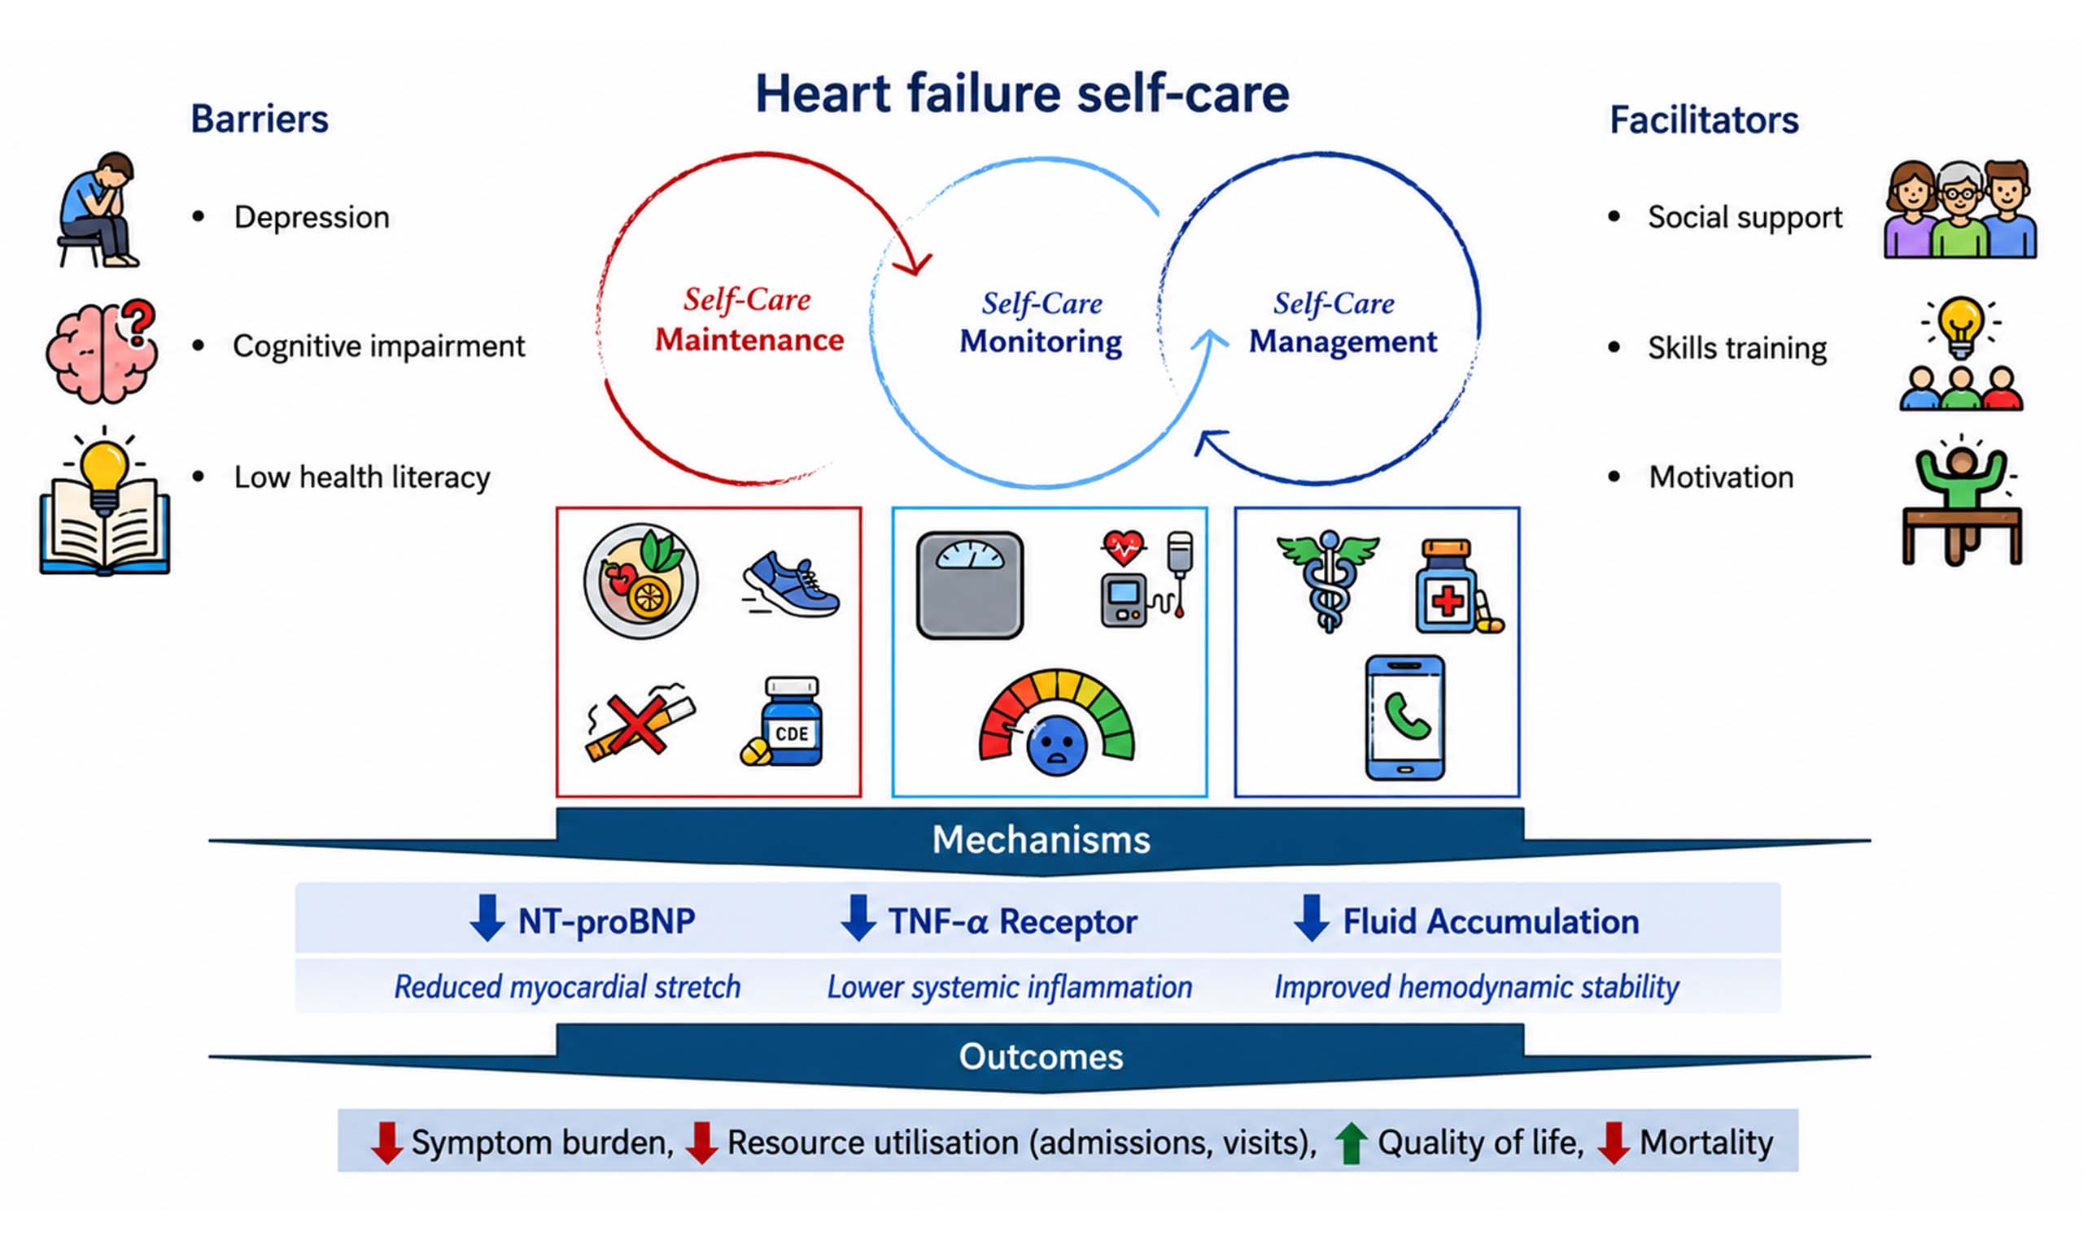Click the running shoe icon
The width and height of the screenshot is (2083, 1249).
click(x=790, y=583)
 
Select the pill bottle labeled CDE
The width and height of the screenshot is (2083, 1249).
click(x=782, y=721)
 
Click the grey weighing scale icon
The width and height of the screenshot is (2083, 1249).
click(x=969, y=585)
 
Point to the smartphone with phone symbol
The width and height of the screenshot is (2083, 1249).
click(x=1404, y=718)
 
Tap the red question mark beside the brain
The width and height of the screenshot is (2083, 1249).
click(x=139, y=323)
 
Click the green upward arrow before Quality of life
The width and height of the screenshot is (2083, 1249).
click(x=1352, y=1143)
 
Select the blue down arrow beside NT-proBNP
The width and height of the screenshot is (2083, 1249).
click(x=487, y=918)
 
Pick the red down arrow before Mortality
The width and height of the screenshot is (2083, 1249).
click(x=1614, y=1143)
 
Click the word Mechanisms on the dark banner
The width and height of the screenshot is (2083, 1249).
click(x=1041, y=840)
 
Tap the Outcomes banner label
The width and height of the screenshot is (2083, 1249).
click(x=1041, y=1057)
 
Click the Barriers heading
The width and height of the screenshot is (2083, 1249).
click(x=260, y=119)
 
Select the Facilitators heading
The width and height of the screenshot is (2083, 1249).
click(x=1704, y=120)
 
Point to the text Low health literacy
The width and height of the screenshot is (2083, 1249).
click(x=362, y=477)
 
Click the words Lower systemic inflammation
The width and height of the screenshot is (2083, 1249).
click(x=1010, y=986)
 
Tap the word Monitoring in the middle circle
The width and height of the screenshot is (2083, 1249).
click(x=1041, y=342)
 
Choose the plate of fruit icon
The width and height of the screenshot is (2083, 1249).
click(x=640, y=581)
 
